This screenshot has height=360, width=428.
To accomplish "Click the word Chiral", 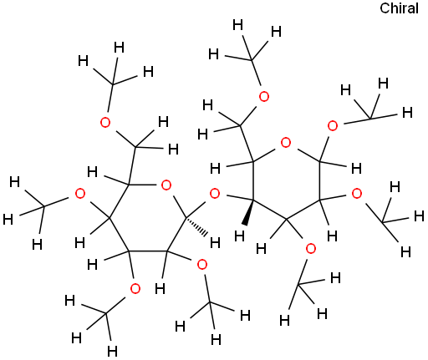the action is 399,8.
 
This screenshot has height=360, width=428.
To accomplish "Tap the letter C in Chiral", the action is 385,8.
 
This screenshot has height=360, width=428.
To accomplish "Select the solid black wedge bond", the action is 249,211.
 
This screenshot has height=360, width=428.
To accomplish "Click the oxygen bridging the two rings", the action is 215,194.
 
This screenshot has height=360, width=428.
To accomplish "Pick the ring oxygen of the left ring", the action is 166,185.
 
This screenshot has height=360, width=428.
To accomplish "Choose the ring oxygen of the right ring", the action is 286,143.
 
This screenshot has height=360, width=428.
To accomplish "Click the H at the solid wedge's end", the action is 240,236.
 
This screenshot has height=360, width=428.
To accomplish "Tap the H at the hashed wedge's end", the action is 215,243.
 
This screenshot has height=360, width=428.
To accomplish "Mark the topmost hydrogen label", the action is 237,25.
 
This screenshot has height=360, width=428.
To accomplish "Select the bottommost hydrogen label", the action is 112,352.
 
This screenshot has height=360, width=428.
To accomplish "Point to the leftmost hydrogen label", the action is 8,220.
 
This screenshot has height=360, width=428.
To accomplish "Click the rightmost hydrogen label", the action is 419,216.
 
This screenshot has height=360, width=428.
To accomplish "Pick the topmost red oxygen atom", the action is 264,97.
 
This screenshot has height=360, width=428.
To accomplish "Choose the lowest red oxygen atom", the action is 135,289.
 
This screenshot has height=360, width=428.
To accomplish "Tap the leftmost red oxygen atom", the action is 80,194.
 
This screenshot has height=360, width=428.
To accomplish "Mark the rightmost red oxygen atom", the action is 357,194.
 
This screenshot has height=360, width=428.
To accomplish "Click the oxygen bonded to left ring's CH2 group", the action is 105,123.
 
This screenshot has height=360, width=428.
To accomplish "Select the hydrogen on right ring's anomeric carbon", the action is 356,169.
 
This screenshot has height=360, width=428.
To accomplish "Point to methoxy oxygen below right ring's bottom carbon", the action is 311,249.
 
